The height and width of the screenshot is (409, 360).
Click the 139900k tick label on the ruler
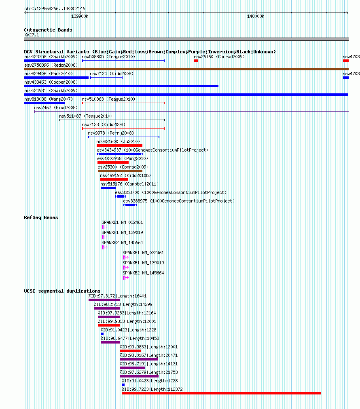(80, 16)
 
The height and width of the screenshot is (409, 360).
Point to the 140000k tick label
(256, 16)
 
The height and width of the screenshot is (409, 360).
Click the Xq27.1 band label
(32, 35)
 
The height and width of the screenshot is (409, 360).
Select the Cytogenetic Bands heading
(48, 30)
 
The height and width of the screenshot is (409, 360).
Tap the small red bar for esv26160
(196, 61)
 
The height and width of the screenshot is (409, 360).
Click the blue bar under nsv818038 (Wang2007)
(44, 103)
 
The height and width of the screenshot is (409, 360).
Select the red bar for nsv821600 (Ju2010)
(119, 145)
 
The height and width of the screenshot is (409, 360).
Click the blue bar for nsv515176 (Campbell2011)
(108, 188)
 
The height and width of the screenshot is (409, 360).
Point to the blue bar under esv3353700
(121, 196)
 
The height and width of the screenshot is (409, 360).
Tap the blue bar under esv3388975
(130, 205)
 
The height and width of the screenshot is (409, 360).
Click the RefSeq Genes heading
(41, 217)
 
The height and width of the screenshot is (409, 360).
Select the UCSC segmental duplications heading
(62, 291)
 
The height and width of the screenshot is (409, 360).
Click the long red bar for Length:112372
(221, 393)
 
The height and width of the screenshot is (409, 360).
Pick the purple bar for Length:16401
(104, 300)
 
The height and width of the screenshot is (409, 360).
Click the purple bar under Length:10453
(110, 342)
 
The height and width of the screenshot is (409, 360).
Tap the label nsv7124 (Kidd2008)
(112, 74)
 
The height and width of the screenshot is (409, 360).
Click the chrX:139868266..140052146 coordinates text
(55, 8)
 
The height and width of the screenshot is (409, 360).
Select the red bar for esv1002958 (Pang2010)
(113, 162)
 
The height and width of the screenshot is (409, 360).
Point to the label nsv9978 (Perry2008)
(111, 133)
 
